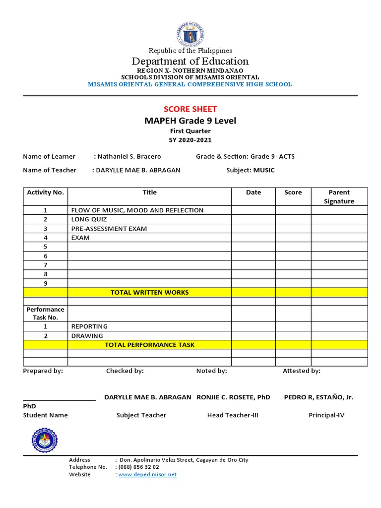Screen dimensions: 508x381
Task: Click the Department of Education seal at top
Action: [190, 34]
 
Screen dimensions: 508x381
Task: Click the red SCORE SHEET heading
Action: [190, 109]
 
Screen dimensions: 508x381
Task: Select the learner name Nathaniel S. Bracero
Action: [129, 156]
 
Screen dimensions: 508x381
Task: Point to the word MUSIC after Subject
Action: [264, 170]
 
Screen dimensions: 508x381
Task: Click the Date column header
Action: [254, 192]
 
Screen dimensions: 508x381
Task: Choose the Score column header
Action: [293, 192]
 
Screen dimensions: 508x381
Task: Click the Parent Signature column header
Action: [339, 196]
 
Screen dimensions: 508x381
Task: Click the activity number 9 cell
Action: [45, 283]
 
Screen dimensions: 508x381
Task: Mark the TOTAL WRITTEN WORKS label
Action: [149, 292]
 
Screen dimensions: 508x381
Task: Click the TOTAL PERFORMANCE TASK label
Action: [149, 345]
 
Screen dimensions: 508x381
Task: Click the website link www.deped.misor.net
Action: [147, 475]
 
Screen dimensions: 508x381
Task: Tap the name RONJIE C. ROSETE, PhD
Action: [233, 397]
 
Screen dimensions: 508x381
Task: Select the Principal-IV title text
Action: [326, 415]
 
